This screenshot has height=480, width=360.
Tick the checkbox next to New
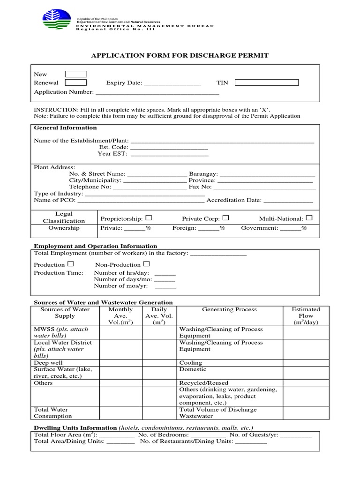tap(76, 74)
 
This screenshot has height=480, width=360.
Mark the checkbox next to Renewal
tap(75, 82)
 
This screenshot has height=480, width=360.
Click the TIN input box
tap(266, 83)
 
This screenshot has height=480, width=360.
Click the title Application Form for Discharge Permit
tap(180, 55)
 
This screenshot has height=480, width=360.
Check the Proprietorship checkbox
tap(149, 218)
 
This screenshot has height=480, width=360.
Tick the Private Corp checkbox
tap(225, 218)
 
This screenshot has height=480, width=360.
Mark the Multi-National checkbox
tap(309, 218)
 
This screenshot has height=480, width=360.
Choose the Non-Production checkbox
tap(147, 264)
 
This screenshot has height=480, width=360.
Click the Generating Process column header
tap(229, 309)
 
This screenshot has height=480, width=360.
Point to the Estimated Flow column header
tap(306, 316)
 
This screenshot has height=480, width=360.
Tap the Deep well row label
tap(48, 363)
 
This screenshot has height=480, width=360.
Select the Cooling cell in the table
tap(191, 363)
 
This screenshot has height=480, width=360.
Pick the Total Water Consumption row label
tap(53, 412)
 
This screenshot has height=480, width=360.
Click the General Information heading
tap(65, 127)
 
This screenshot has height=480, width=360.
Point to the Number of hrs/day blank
tap(165, 274)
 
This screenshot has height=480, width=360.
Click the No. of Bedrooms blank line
tap(209, 435)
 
